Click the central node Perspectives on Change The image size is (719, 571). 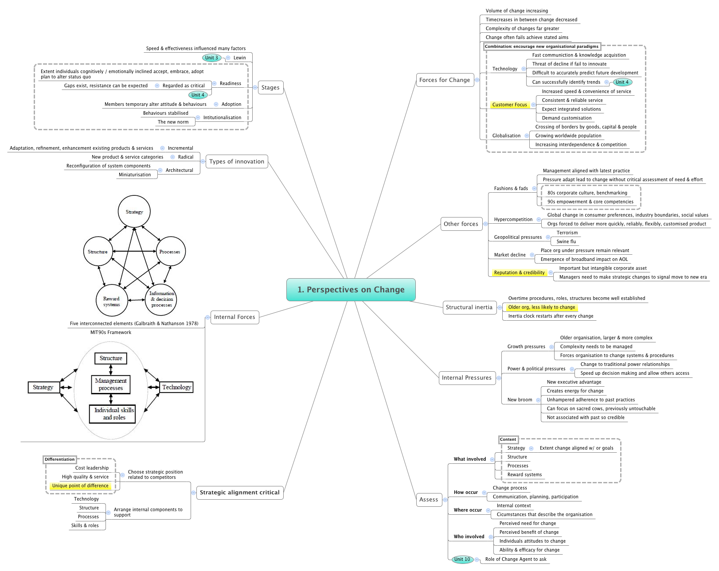351,290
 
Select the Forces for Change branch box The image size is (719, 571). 445,80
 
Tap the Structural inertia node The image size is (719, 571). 469,307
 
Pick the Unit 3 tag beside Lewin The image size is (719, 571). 211,58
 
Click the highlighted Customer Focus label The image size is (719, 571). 509,105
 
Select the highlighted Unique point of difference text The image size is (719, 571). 80,486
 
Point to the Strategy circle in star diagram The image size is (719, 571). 134,212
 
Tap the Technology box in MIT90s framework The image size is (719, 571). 176,388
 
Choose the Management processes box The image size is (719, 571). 111,385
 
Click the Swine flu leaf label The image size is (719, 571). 566,242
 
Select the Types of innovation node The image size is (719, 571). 237,162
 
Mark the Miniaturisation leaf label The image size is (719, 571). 135,175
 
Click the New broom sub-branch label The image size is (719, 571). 520,400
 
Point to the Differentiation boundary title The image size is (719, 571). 59,459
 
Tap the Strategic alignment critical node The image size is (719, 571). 239,493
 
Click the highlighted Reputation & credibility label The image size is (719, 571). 519,273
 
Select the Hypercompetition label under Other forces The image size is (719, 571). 513,220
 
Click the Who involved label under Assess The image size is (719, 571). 469,537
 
